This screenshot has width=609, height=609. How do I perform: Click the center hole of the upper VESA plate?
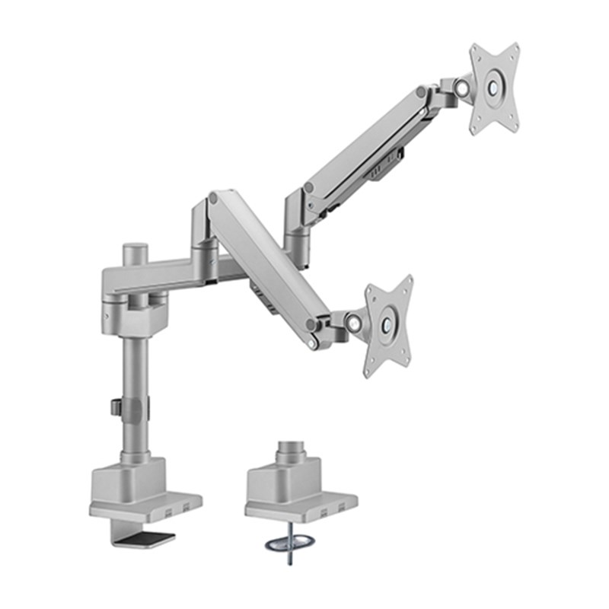[494, 88]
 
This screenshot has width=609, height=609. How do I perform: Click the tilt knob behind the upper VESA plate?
[461, 88]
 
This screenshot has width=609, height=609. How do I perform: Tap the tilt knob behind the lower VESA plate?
[354, 323]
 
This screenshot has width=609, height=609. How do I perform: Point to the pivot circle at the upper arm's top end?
[421, 92]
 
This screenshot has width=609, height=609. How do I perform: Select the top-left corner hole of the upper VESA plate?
[477, 52]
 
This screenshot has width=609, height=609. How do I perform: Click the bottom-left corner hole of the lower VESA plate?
[368, 371]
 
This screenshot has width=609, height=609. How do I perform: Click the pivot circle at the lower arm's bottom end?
[311, 325]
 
